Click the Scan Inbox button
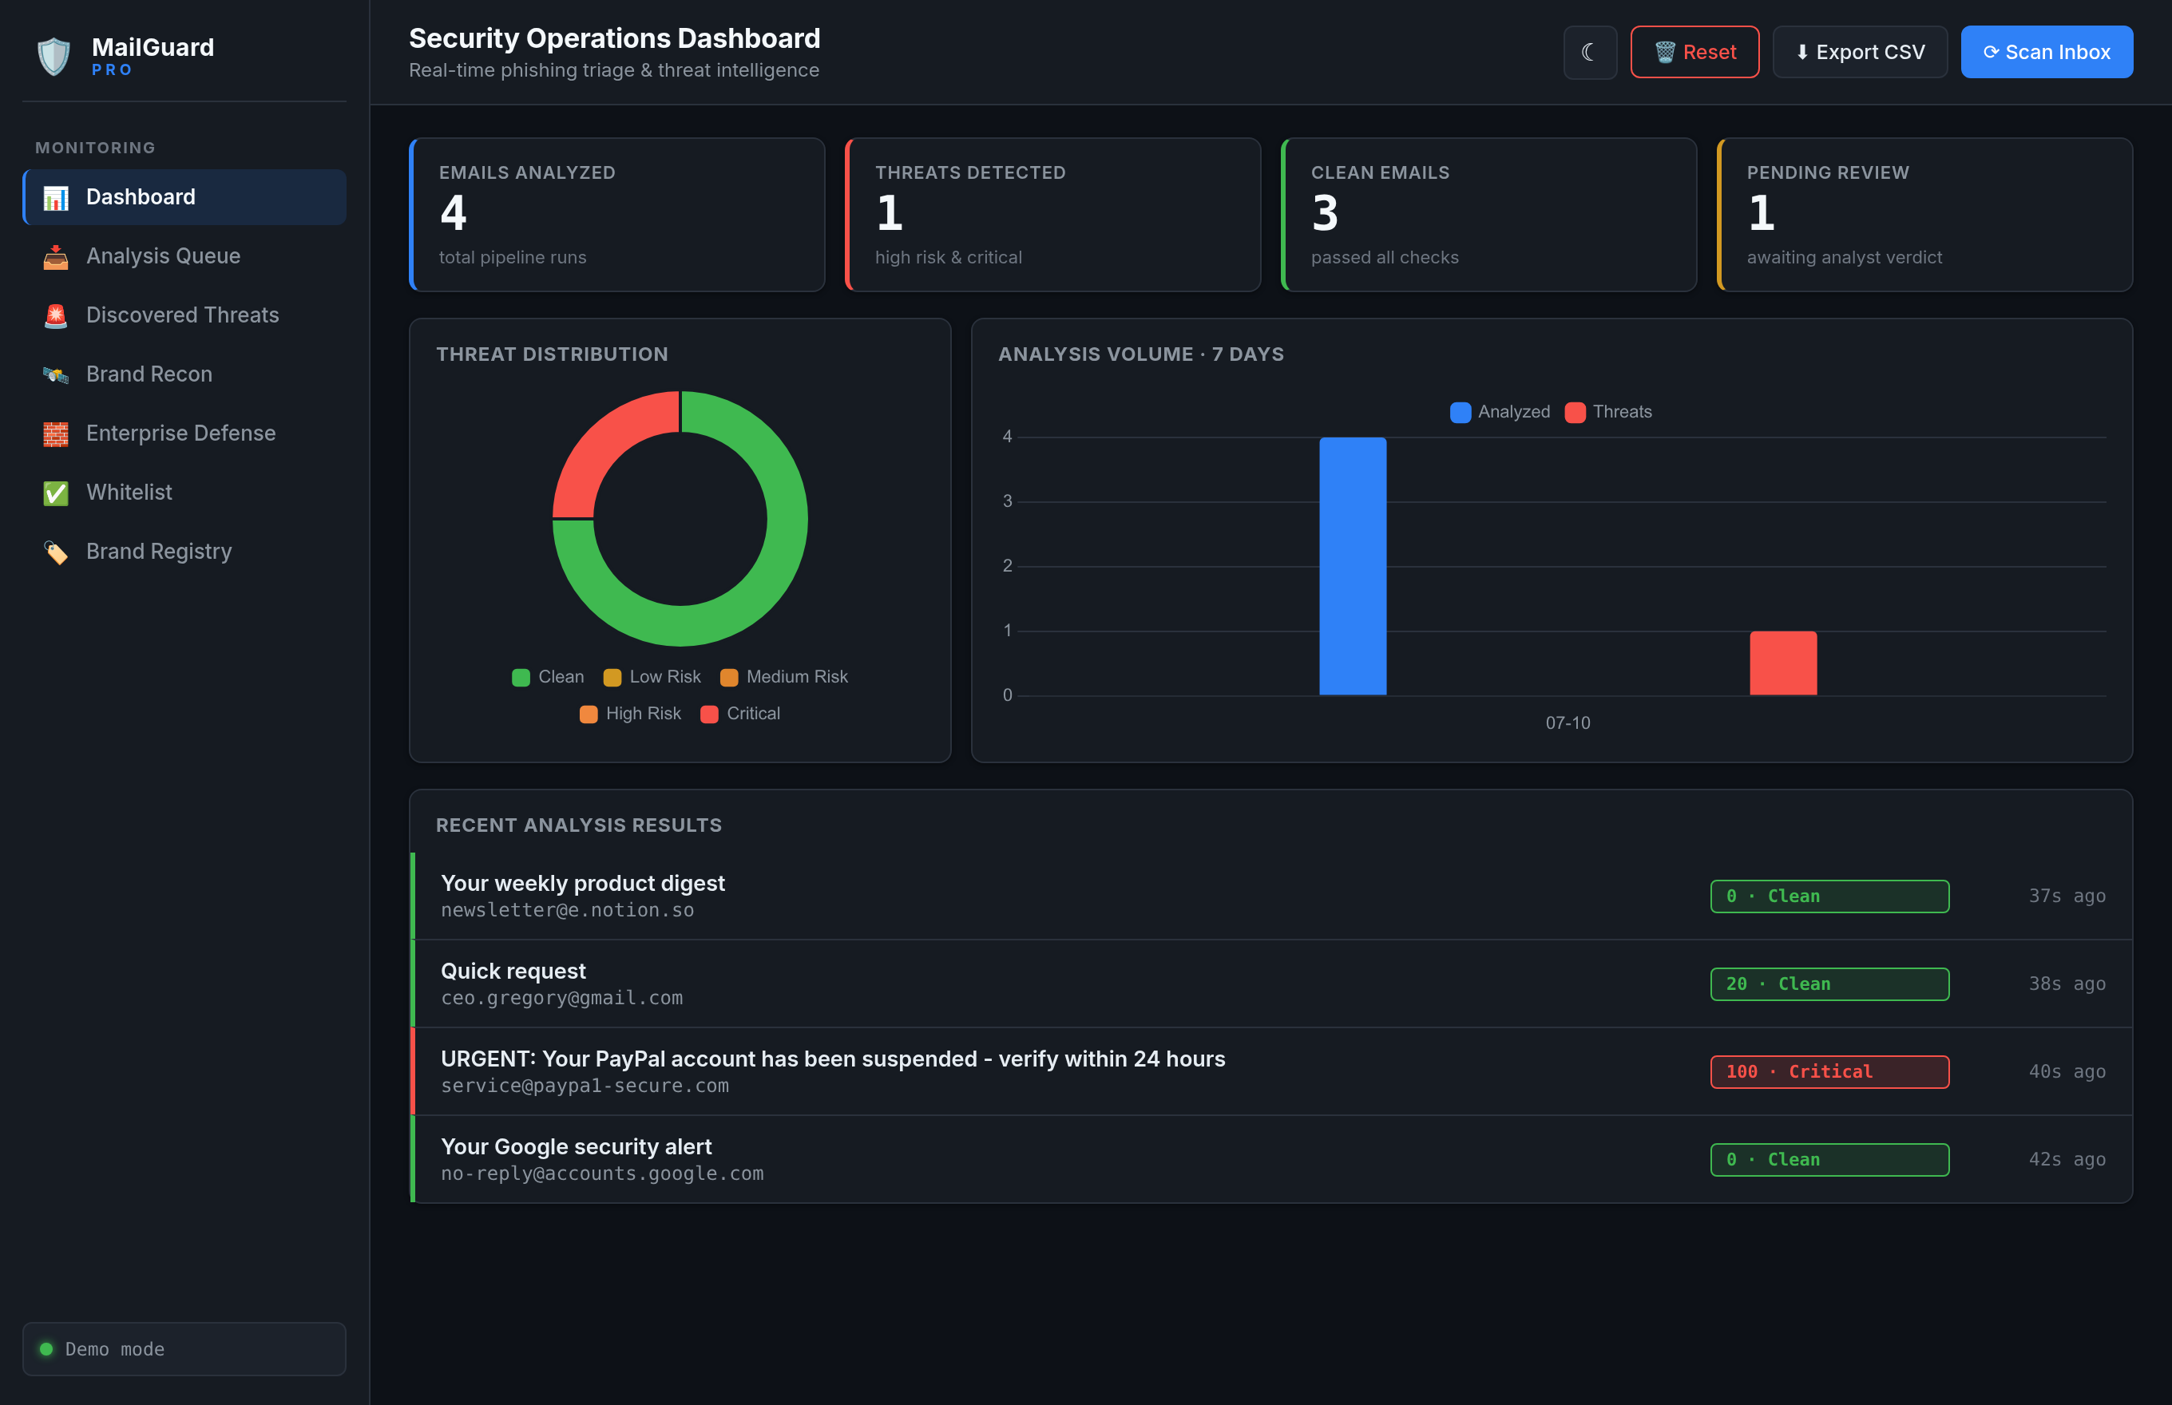click(x=2046, y=52)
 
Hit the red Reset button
click(x=1694, y=52)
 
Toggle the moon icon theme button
click(x=1590, y=52)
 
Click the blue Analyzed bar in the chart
click(x=1353, y=566)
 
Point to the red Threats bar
click(x=1782, y=663)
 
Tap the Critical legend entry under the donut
click(x=740, y=714)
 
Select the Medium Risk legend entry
click(x=784, y=677)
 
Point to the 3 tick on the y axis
click(x=1008, y=501)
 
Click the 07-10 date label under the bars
click(x=1568, y=722)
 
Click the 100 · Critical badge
click(x=1829, y=1072)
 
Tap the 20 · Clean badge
click(x=1829, y=984)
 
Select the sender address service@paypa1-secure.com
click(x=585, y=1086)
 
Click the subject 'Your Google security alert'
click(x=576, y=1147)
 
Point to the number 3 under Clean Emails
click(x=1325, y=213)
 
